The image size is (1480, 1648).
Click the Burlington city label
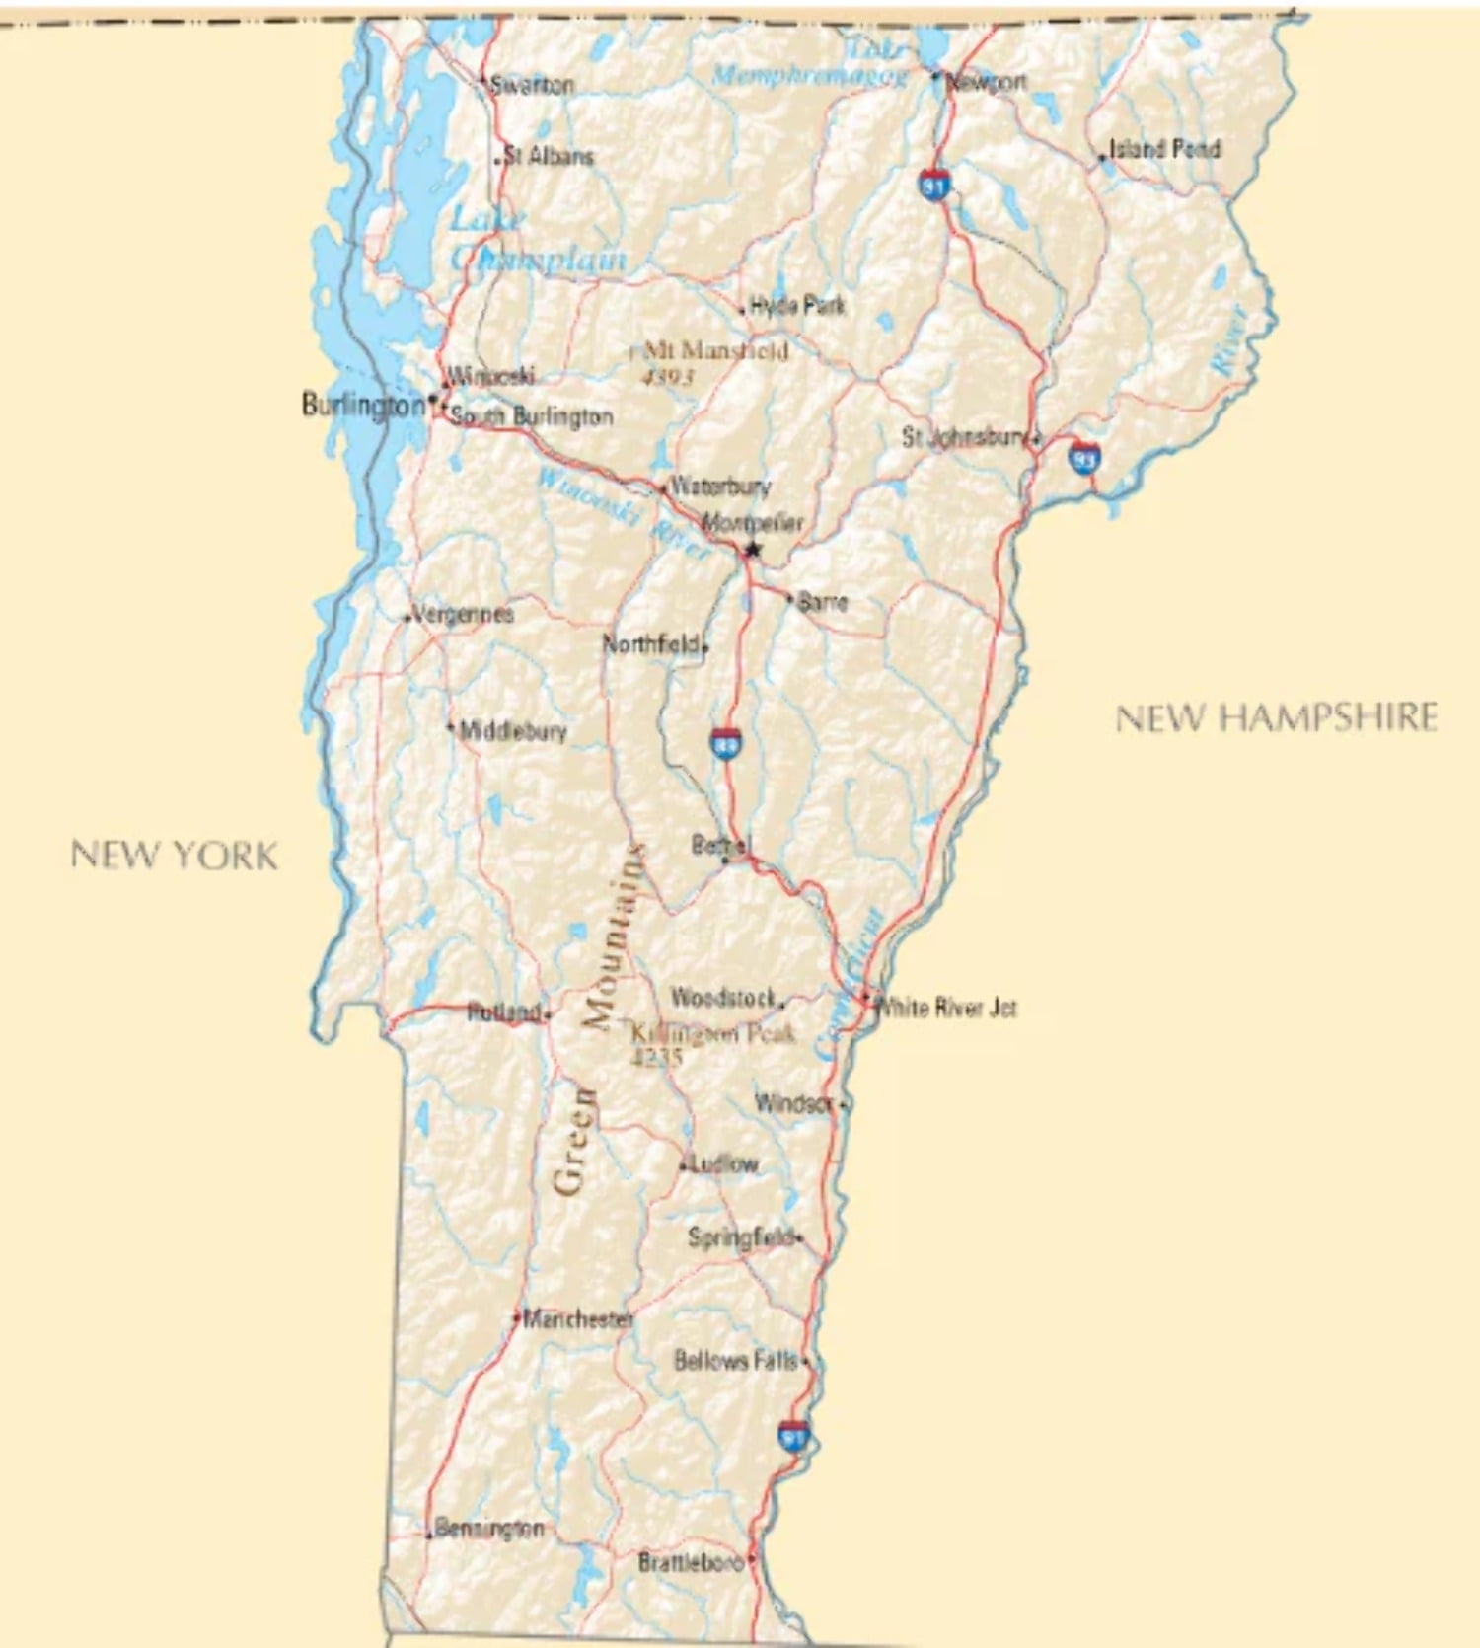tap(362, 405)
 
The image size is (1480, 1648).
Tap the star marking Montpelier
tap(753, 550)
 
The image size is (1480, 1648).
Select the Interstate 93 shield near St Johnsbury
tap(1084, 458)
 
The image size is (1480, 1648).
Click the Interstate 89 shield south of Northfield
tap(725, 744)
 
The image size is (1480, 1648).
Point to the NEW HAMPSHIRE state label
tap(1276, 718)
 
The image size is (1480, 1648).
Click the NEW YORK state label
tap(174, 855)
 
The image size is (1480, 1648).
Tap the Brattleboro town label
tap(690, 1563)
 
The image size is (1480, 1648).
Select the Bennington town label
tap(488, 1529)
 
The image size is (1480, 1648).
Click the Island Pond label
tap(1164, 149)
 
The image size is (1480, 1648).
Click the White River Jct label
tap(946, 1008)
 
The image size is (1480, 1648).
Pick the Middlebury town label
tap(513, 731)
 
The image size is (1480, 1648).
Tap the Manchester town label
tap(578, 1318)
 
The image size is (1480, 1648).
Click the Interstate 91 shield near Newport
tap(934, 184)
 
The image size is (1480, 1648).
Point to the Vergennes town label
tap(463, 614)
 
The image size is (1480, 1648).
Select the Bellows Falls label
tap(735, 1361)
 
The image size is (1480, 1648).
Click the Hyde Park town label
tap(797, 305)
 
